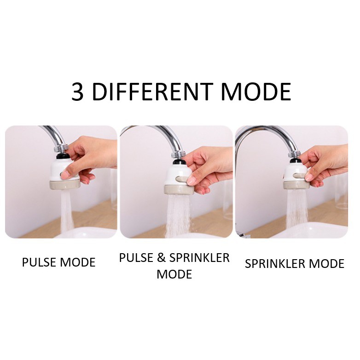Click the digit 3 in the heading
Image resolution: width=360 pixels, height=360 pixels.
point(77,92)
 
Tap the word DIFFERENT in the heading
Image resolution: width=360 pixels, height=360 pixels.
point(152,92)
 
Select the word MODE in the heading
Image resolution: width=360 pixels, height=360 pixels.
point(256,92)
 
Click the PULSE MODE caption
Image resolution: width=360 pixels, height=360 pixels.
point(59,262)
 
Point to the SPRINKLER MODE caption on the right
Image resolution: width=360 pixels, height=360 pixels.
point(295,264)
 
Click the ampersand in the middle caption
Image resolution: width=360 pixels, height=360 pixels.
point(162,258)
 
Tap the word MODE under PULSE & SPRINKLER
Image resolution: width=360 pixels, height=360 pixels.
point(174,274)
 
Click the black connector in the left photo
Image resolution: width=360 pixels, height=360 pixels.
point(63,157)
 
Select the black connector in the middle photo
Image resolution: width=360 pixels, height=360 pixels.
point(180,162)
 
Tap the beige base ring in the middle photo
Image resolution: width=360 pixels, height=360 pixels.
point(179,189)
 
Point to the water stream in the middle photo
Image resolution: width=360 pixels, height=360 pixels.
point(178,216)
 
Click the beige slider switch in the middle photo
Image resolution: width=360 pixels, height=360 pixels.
point(182,179)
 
